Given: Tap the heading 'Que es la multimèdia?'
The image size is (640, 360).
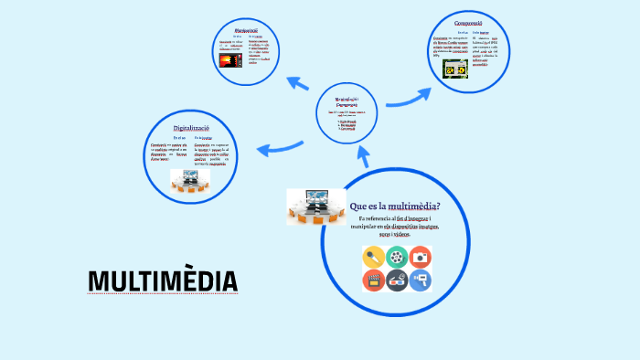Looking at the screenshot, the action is pos(395,206).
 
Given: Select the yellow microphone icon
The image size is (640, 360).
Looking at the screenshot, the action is pos(373,257).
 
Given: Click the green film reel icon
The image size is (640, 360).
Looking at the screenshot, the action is pos(397,257).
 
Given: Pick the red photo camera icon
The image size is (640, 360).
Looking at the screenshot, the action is pos(421,257).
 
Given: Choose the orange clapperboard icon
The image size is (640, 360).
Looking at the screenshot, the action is pos(373,281).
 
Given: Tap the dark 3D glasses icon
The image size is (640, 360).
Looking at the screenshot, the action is pos(397,281).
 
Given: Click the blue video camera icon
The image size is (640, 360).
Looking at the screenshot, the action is pos(421,281).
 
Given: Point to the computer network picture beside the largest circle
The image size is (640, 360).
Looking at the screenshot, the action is pos(315,207).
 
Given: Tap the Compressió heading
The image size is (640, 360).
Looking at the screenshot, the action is pos(467,20).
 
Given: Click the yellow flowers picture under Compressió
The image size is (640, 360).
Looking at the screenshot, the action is pos(455,68).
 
